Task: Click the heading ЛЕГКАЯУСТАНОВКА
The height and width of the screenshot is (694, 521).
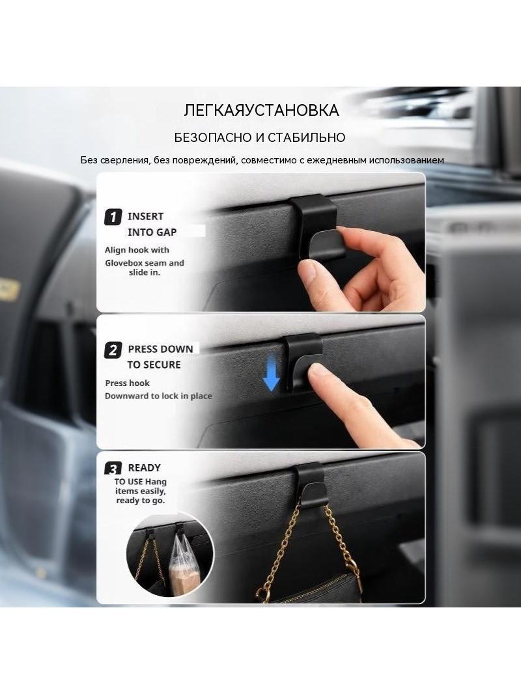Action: pos(261,110)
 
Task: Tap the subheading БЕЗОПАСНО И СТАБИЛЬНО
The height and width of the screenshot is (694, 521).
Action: pos(260,137)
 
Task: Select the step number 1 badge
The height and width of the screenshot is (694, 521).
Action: pos(113,217)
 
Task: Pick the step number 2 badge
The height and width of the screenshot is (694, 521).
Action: pos(113,350)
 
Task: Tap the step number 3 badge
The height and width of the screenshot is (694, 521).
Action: pos(113,469)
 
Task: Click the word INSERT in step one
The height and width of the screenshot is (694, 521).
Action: pos(146,216)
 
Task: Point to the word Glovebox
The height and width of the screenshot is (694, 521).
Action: pos(124,263)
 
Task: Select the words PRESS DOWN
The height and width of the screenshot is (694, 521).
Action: pos(161,349)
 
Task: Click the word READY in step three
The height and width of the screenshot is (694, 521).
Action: pos(145,468)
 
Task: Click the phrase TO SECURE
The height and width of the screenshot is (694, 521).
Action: pos(154,365)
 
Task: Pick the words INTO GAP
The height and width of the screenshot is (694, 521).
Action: pos(152,232)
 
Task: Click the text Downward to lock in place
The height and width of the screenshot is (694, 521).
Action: pos(158,396)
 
